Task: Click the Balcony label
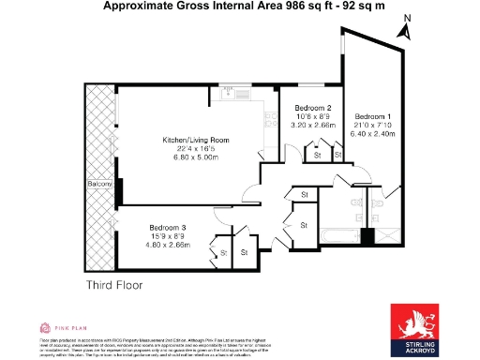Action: (100, 185)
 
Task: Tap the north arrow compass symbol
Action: (405, 27)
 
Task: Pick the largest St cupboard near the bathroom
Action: (304, 225)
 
